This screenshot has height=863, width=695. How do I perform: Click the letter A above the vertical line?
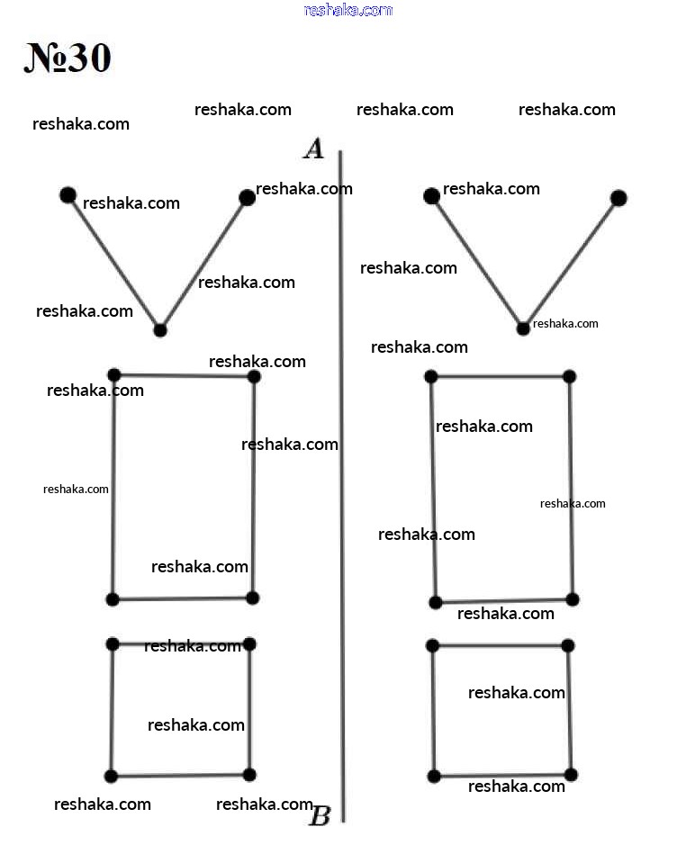pyautogui.click(x=314, y=148)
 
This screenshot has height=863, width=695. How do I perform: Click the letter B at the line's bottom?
pyautogui.click(x=320, y=815)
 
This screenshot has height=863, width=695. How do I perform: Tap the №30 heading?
pyautogui.click(x=68, y=58)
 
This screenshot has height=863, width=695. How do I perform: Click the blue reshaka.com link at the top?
pyautogui.click(x=348, y=10)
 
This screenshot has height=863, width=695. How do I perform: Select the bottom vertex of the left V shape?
pyautogui.click(x=159, y=330)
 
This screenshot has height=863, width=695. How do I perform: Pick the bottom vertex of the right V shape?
pyautogui.click(x=523, y=328)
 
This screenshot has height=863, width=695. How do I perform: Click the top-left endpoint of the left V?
pyautogui.click(x=68, y=195)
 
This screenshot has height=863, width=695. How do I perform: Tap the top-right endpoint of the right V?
pyautogui.click(x=618, y=198)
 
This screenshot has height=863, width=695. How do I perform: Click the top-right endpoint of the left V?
pyautogui.click(x=248, y=198)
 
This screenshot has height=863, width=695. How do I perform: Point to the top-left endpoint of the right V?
pyautogui.click(x=432, y=195)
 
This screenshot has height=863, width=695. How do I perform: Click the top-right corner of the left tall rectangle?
pyautogui.click(x=254, y=376)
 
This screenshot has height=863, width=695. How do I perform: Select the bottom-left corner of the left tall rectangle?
pyautogui.click(x=113, y=599)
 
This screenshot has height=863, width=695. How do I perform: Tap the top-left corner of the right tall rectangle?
pyautogui.click(x=431, y=376)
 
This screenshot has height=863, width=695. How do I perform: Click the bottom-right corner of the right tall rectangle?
pyautogui.click(x=573, y=599)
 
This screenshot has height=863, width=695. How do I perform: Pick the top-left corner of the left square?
pyautogui.click(x=113, y=644)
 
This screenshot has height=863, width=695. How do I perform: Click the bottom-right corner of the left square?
pyautogui.click(x=249, y=775)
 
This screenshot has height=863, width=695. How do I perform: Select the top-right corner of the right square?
pyautogui.click(x=568, y=645)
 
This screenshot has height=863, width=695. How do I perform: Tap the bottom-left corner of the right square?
pyautogui.click(x=434, y=776)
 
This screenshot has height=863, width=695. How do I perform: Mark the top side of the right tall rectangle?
pyautogui.click(x=500, y=376)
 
